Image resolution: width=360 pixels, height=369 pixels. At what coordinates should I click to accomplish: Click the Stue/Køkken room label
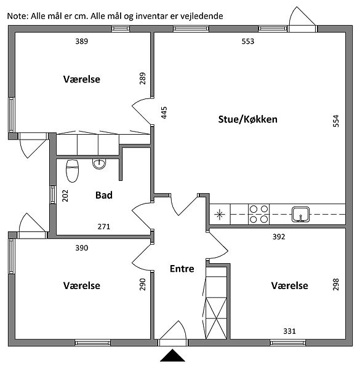[247, 119]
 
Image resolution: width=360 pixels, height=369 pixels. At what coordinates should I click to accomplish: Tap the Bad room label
[104, 195]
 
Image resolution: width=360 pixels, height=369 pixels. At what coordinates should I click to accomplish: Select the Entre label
[182, 269]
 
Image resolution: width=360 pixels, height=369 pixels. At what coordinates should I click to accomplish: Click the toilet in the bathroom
[72, 171]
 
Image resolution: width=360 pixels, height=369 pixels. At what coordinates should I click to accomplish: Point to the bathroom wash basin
[99, 164]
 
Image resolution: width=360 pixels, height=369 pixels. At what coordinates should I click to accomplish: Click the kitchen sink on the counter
[301, 214]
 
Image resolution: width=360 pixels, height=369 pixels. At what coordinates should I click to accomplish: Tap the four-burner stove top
[258, 214]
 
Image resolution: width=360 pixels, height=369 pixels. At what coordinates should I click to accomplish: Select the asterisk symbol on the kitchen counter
[220, 215]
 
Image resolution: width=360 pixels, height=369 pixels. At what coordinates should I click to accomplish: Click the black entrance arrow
[172, 355]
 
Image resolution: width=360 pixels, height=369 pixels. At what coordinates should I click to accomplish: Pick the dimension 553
[248, 41]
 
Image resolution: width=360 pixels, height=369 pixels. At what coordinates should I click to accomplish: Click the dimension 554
[336, 121]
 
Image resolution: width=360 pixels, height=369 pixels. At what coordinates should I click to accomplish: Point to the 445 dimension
[164, 113]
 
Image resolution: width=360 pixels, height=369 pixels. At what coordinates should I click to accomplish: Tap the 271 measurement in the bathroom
[104, 226]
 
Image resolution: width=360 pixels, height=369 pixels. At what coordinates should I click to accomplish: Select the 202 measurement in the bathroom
[65, 196]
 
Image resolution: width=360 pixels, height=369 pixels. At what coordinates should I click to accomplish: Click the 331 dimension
[290, 331]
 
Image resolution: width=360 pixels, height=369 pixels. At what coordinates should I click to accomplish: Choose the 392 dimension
[279, 237]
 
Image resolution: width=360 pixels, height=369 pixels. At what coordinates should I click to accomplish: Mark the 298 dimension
[336, 285]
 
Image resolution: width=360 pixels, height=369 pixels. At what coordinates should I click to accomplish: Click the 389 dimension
[82, 41]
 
